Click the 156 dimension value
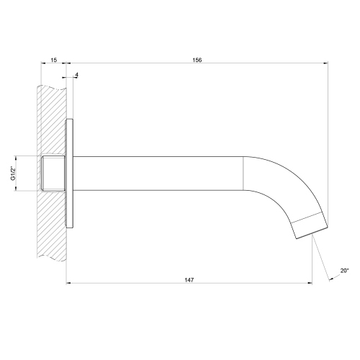[x=196, y=60]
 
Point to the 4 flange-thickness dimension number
[x=76, y=75]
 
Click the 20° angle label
[x=344, y=271]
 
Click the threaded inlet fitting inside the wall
[x=54, y=173]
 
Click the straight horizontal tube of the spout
[x=158, y=173]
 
